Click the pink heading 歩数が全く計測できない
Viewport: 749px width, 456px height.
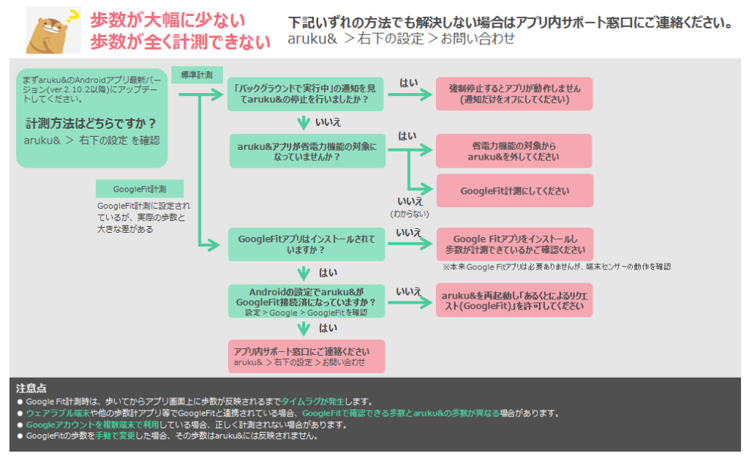pyautogui.click(x=181, y=42)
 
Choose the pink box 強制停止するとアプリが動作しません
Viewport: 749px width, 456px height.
pyautogui.click(x=514, y=94)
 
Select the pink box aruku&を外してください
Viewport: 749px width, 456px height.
pyautogui.click(x=514, y=151)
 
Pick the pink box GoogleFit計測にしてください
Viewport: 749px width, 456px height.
pyautogui.click(x=514, y=191)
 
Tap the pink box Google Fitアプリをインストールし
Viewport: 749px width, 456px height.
pyautogui.click(x=514, y=244)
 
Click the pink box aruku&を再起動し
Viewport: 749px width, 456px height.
pyautogui.click(x=514, y=300)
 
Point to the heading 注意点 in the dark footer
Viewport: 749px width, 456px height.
pyautogui.click(x=31, y=388)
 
